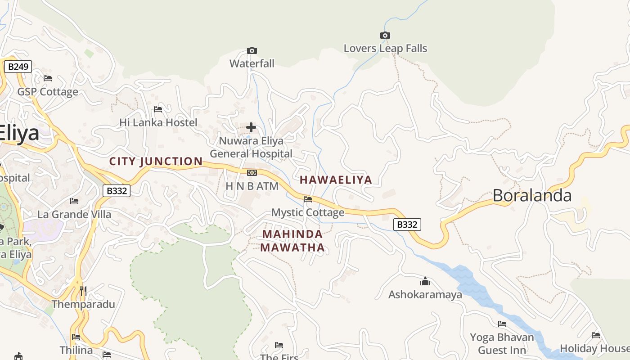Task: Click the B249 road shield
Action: click(18, 67)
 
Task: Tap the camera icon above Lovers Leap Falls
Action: click(385, 35)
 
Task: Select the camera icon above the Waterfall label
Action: click(252, 50)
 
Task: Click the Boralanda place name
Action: click(532, 195)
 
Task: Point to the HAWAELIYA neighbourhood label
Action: click(336, 180)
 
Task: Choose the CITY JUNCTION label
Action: click(156, 161)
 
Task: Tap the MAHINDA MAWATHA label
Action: click(292, 241)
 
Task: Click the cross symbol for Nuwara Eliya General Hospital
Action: click(251, 127)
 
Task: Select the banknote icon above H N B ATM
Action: click(252, 173)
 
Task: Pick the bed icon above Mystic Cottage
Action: click(308, 199)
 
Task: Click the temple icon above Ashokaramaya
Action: click(425, 282)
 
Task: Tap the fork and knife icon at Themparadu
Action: click(83, 291)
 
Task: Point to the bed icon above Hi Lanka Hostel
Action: click(158, 109)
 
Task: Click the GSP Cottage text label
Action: click(48, 92)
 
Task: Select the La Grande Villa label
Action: click(74, 214)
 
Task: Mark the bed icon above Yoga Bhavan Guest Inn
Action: click(502, 324)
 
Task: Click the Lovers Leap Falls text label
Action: click(385, 48)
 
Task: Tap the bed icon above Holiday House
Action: click(596, 335)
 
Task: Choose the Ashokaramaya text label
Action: click(425, 295)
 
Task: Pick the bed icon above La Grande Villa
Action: click(74, 201)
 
